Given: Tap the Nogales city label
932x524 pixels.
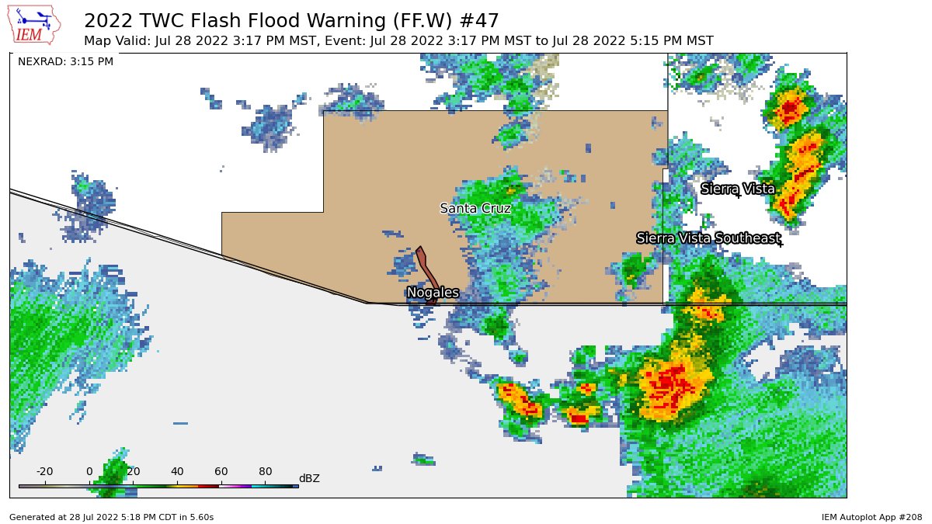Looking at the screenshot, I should click(x=433, y=293).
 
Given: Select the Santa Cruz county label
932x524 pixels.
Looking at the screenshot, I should click(x=475, y=208).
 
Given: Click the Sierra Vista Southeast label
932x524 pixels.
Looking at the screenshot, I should click(x=708, y=238).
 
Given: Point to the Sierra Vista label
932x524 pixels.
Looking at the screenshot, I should click(x=737, y=189).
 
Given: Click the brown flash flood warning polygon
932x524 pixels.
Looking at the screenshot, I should click(x=426, y=271).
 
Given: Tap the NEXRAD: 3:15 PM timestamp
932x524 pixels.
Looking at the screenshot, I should click(x=65, y=61).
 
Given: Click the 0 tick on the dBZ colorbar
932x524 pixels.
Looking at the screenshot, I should click(x=89, y=472).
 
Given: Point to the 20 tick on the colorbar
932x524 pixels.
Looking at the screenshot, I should click(x=133, y=472).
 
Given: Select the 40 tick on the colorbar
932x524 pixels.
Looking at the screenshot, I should click(x=177, y=472).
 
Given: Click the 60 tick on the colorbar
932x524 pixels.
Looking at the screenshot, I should click(x=221, y=472).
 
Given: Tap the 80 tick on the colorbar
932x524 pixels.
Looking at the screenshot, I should click(x=265, y=472).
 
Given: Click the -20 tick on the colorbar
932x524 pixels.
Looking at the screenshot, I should click(x=45, y=472).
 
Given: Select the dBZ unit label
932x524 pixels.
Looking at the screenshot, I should click(x=309, y=478).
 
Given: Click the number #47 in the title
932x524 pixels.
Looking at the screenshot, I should click(x=474, y=20).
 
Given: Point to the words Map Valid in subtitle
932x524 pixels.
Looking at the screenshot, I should click(x=113, y=40).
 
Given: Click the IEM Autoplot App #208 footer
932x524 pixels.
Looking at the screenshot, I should click(x=871, y=516).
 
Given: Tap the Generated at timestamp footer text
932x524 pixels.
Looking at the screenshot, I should click(x=111, y=516).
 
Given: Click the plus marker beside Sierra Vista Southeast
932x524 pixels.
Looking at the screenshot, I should click(x=780, y=245).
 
